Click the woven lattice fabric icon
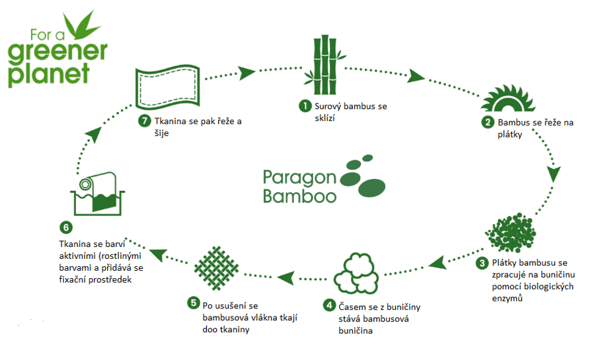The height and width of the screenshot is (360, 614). pos(217,268)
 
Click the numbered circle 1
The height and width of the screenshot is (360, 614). pos(305,105)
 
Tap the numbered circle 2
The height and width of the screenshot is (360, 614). pos(488,122)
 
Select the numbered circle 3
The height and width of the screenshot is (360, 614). pos(483,263)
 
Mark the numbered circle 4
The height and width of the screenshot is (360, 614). pos(329,306)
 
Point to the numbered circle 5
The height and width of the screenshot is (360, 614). pos(193,303)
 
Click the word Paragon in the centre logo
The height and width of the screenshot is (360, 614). pos(299,177)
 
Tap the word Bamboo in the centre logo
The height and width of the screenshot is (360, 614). pos(299,195)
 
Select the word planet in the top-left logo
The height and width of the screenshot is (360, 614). pos(48,73)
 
